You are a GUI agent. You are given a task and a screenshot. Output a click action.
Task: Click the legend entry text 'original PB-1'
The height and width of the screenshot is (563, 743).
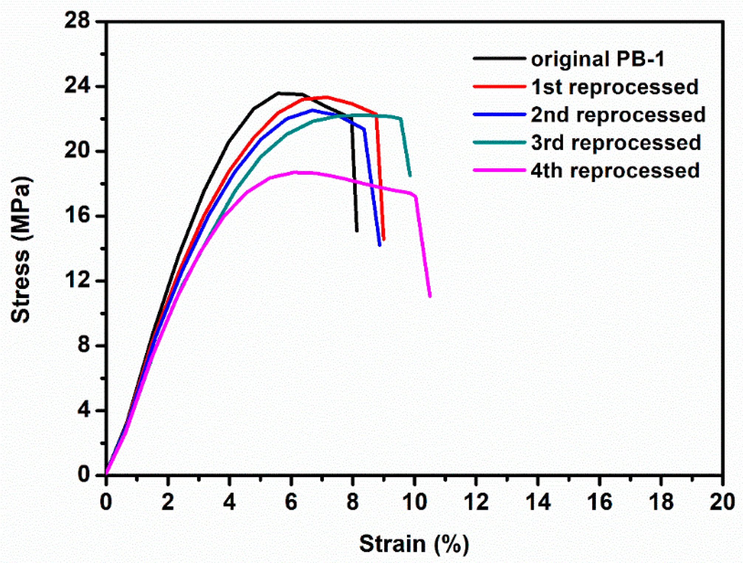[x=597, y=59]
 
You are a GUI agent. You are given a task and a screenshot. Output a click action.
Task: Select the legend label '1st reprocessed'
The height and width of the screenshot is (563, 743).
[x=614, y=87]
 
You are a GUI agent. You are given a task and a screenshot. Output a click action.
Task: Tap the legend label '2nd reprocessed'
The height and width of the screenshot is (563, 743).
[x=618, y=115]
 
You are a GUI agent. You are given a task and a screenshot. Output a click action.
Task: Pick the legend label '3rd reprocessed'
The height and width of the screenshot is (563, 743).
[x=616, y=143]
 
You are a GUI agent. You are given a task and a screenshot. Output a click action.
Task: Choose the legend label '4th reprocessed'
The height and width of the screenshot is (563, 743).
[x=615, y=171]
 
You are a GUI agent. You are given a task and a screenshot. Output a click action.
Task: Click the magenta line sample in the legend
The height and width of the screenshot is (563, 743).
[x=499, y=170]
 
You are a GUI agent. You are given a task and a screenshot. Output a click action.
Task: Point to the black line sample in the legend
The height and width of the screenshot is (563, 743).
[x=499, y=58]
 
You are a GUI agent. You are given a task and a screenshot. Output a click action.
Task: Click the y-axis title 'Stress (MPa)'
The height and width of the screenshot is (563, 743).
[x=21, y=250]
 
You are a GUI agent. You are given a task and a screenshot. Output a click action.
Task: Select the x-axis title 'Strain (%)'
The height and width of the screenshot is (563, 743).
[x=414, y=544]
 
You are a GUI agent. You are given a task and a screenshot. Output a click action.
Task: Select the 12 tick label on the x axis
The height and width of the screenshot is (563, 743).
[x=476, y=502]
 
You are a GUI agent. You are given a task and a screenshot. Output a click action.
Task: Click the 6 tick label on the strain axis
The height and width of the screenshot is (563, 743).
[x=291, y=502]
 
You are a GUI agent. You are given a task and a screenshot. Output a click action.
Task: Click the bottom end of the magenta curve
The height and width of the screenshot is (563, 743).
[x=430, y=296]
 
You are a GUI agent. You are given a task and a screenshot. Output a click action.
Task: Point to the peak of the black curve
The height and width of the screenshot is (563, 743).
[x=279, y=93]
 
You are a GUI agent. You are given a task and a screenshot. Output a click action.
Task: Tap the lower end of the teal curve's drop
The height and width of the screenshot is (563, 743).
[x=410, y=176]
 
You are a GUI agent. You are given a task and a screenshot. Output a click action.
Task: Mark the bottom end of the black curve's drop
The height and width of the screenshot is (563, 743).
[x=357, y=231]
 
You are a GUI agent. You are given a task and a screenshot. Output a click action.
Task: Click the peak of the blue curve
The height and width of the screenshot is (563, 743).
[x=312, y=110]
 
